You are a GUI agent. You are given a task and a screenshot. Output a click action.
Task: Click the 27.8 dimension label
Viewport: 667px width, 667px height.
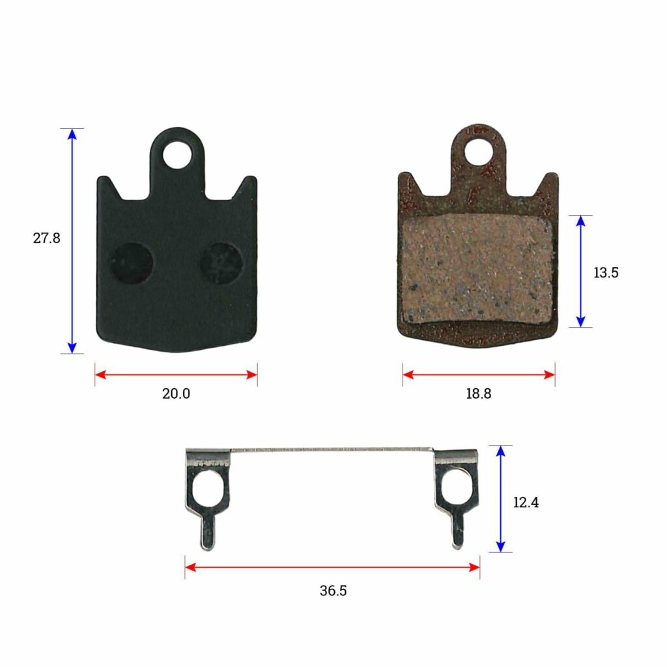click(x=47, y=238)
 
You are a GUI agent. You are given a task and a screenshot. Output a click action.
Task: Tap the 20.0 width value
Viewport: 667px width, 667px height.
click(x=176, y=394)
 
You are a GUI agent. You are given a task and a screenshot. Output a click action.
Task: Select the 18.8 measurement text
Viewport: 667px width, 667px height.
click(x=479, y=394)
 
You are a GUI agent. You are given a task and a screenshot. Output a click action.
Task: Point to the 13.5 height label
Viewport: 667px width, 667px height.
click(x=606, y=273)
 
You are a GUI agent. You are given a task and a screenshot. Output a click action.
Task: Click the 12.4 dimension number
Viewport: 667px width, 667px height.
click(x=526, y=503)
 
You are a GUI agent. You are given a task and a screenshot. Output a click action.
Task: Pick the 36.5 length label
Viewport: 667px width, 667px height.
click(x=333, y=591)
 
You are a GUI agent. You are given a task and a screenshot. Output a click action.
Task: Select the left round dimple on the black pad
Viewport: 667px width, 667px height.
click(x=131, y=264)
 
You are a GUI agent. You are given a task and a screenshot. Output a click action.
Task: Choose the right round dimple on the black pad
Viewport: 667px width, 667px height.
click(x=221, y=263)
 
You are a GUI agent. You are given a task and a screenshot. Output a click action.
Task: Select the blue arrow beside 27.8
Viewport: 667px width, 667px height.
click(x=72, y=241)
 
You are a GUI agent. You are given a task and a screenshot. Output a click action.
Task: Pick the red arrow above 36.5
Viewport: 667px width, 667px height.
click(x=332, y=567)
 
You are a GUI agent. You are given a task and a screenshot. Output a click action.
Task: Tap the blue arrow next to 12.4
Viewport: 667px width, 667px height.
click(x=500, y=499)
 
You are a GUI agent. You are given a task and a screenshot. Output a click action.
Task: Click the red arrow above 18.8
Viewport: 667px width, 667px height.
click(x=479, y=375)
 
